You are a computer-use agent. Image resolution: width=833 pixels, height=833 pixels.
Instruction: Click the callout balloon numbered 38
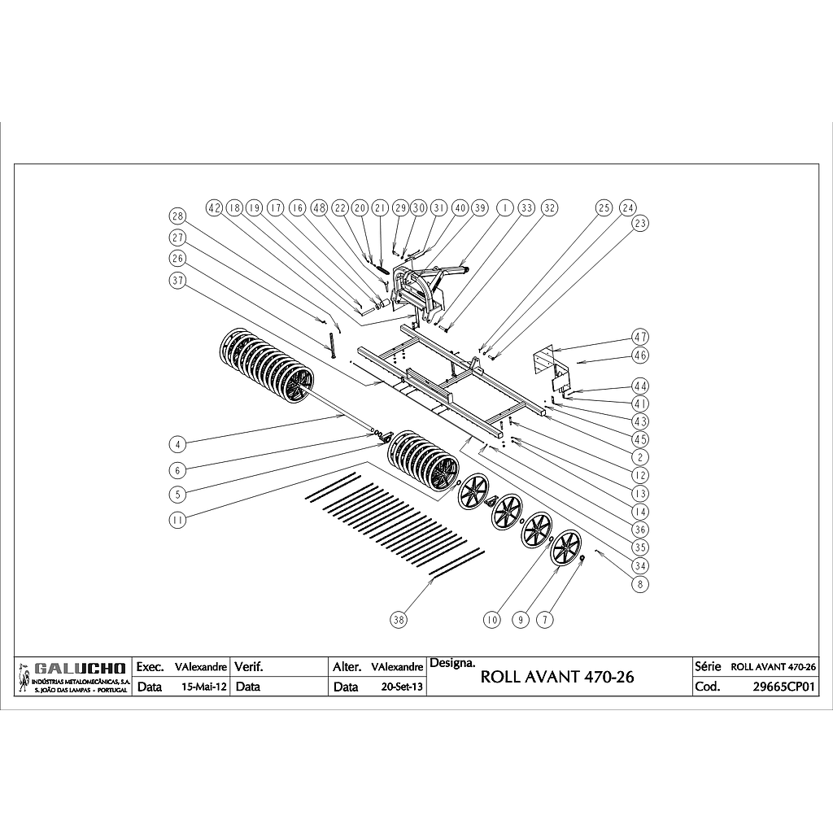(x=398, y=620)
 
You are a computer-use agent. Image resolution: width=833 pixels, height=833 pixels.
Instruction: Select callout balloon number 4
(x=177, y=444)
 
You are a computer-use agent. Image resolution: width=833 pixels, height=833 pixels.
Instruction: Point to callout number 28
(x=177, y=216)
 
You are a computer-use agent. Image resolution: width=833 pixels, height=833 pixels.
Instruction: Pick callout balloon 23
(x=641, y=223)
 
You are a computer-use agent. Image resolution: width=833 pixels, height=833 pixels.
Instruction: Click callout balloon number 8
(x=641, y=583)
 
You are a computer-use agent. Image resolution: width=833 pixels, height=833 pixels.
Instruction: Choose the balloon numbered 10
(x=491, y=620)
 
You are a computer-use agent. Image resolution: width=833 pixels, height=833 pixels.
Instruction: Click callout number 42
(x=214, y=208)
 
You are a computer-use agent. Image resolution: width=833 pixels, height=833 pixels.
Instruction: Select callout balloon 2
(x=641, y=457)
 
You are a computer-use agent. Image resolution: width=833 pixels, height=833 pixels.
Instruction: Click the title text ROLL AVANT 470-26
(x=557, y=677)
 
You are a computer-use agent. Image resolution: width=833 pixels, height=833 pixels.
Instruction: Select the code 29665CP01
(x=784, y=687)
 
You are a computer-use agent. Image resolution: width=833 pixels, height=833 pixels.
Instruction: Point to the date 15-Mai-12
(x=205, y=687)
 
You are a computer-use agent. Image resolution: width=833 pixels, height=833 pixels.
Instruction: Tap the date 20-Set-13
(x=402, y=687)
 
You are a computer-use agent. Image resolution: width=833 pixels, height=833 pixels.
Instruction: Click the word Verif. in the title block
(x=248, y=666)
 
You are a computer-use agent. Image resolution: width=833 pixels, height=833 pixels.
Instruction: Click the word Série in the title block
(x=708, y=666)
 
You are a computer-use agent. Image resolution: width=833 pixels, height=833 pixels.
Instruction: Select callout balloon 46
(x=641, y=355)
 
